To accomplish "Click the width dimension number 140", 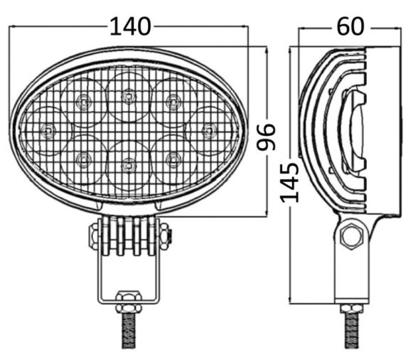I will pyautogui.click(x=129, y=27).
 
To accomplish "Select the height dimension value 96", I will pyautogui.click(x=266, y=137).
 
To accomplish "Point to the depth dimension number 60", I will pyautogui.click(x=350, y=27).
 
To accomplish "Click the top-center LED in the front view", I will pyautogui.click(x=128, y=95).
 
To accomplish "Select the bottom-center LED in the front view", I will pyautogui.click(x=128, y=165).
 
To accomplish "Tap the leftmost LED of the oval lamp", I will pyautogui.click(x=48, y=130).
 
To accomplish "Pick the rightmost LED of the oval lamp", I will pyautogui.click(x=208, y=130).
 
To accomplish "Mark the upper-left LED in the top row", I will pyautogui.click(x=82, y=102).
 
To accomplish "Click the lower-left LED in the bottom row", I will pyautogui.click(x=82, y=158).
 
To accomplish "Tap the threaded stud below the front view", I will pyautogui.click(x=129, y=331).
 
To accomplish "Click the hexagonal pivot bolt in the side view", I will pyautogui.click(x=350, y=236).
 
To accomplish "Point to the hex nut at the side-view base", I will pyautogui.click(x=351, y=309).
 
